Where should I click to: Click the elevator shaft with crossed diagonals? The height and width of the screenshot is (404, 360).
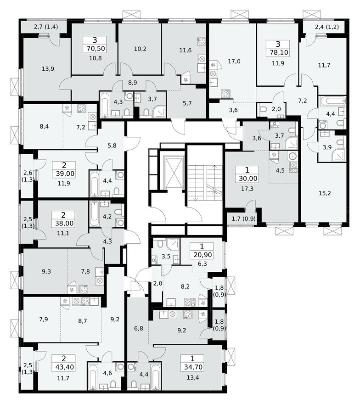click(x=174, y=173)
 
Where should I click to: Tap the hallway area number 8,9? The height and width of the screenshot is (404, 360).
click(x=133, y=83)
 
